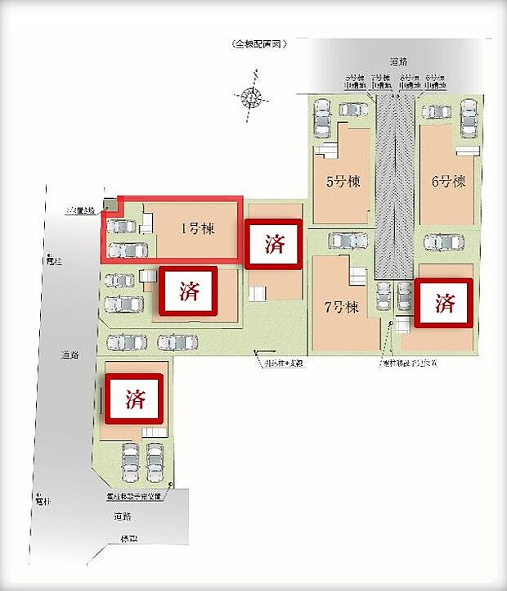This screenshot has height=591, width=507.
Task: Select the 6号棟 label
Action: (448, 181)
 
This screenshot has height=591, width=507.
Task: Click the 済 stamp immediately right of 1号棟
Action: (275, 243)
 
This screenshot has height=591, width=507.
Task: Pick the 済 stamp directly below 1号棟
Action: (189, 290)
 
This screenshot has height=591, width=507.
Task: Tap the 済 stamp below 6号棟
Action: (445, 304)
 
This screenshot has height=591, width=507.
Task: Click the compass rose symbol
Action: (253, 98)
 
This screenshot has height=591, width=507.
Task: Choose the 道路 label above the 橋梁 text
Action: (123, 517)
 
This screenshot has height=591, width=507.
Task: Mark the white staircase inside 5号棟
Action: (328, 151)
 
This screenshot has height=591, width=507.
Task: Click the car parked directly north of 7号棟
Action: (347, 241)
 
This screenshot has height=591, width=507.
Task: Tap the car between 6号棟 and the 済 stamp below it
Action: (442, 242)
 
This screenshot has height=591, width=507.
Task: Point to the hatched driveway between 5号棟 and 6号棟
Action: (397, 188)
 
